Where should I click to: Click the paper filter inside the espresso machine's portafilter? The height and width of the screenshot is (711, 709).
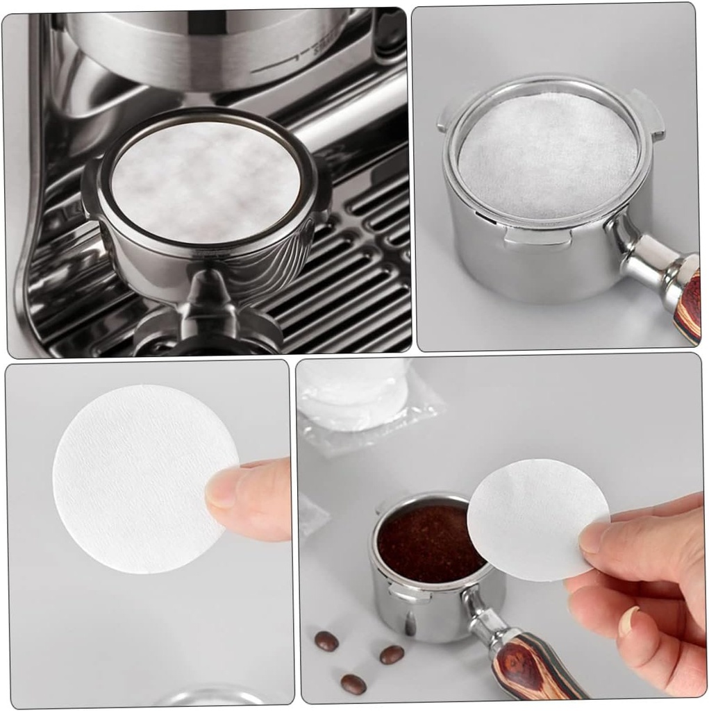206,182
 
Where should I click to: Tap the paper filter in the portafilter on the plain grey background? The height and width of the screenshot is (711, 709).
548,155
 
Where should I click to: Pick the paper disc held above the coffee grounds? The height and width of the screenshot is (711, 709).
531,517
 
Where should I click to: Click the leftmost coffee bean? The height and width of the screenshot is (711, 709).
326,640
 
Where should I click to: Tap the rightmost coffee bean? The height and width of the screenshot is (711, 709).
392,654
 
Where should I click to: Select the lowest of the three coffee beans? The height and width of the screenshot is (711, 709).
353,684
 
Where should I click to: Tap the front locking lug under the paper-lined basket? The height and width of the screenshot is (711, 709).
537,238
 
